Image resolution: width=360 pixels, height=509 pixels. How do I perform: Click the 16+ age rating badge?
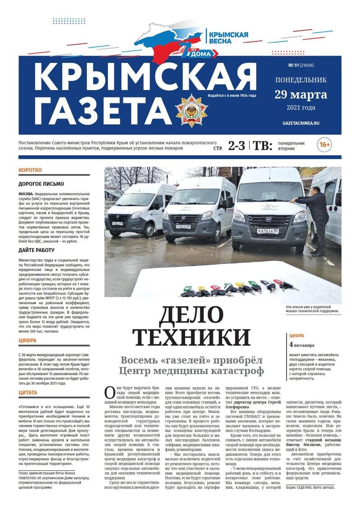(x=324, y=145)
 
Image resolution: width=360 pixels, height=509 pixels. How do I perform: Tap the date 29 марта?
(x=301, y=95)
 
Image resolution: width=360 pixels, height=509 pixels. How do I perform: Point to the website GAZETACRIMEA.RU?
(x=301, y=122)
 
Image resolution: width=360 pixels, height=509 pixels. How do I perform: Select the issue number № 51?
(x=295, y=65)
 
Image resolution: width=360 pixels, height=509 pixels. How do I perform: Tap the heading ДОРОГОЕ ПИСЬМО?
(x=41, y=184)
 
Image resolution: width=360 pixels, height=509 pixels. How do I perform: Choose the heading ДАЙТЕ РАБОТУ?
(x=36, y=250)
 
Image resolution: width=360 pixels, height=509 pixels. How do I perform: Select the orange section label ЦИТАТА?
(x=27, y=392)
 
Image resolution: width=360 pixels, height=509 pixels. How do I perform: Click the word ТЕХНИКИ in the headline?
(x=192, y=337)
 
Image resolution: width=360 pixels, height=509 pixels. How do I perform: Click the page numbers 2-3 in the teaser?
(x=237, y=145)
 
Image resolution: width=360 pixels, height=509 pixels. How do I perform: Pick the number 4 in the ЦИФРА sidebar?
(x=291, y=345)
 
